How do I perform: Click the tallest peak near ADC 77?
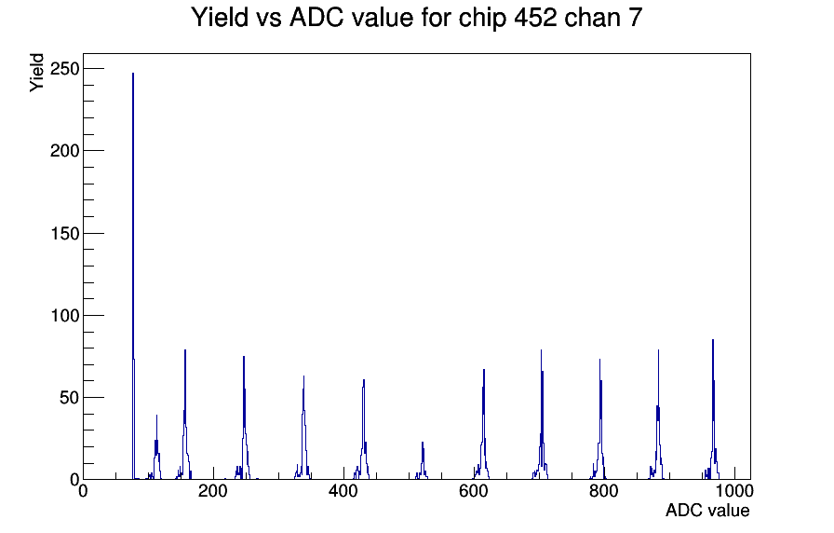[x=133, y=277]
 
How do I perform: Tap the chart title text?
[x=416, y=17]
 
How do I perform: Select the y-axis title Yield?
[x=36, y=73]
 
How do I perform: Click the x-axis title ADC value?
[x=707, y=510]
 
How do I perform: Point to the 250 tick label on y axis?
[x=64, y=69]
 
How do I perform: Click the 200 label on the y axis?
[x=64, y=151]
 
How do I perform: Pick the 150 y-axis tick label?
[x=64, y=233]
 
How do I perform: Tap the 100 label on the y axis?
[x=64, y=315]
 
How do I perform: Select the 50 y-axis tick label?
[x=70, y=397]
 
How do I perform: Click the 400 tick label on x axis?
[x=343, y=490]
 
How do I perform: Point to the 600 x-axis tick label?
[x=474, y=490]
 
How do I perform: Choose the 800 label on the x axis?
[x=604, y=490]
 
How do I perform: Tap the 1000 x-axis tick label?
[x=734, y=490]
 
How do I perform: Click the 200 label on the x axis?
[x=213, y=490]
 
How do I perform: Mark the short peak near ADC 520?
[x=423, y=460]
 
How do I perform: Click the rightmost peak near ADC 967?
[x=713, y=410]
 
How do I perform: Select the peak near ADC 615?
[x=483, y=426]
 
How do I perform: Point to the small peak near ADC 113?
[x=156, y=447]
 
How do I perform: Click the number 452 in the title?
[x=535, y=17]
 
